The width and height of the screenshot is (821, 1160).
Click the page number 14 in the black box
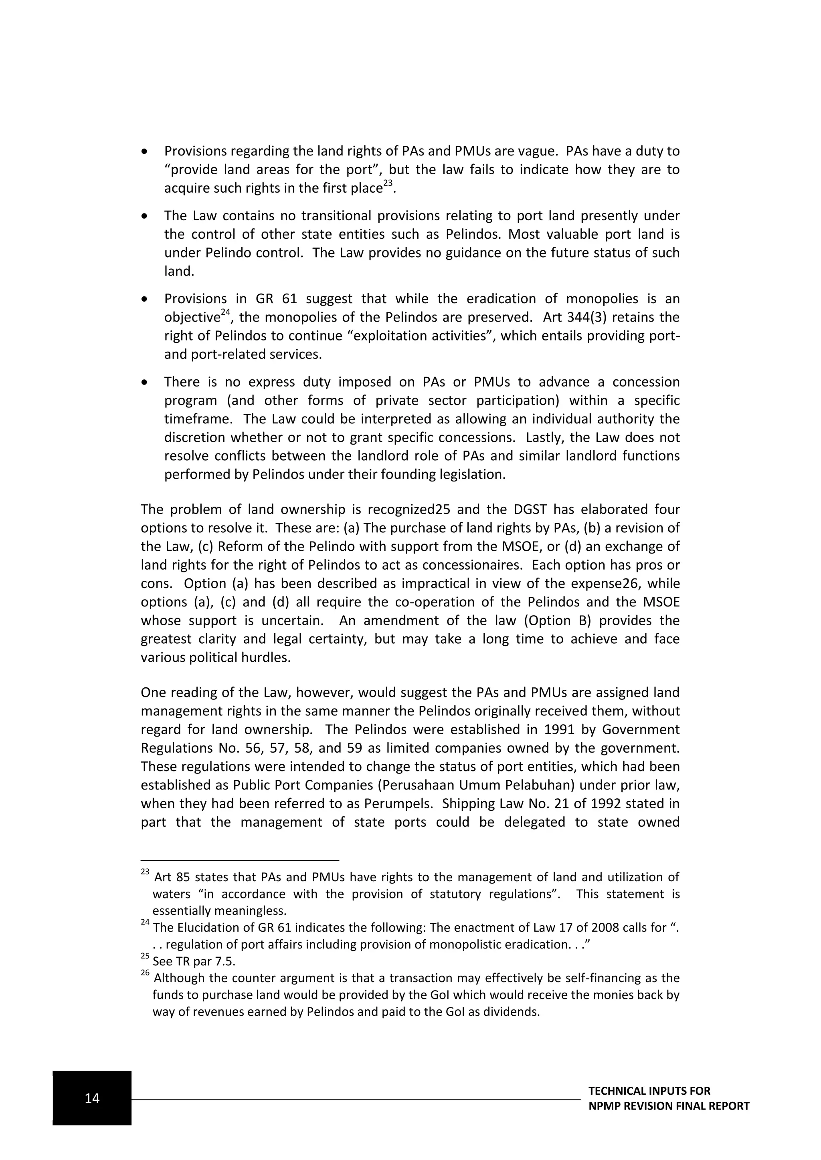click(92, 1098)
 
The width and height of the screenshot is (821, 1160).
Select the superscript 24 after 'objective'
click(226, 313)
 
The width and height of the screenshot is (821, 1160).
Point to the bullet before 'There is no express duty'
click(145, 383)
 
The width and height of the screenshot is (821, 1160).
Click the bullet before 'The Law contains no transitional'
click(145, 216)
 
